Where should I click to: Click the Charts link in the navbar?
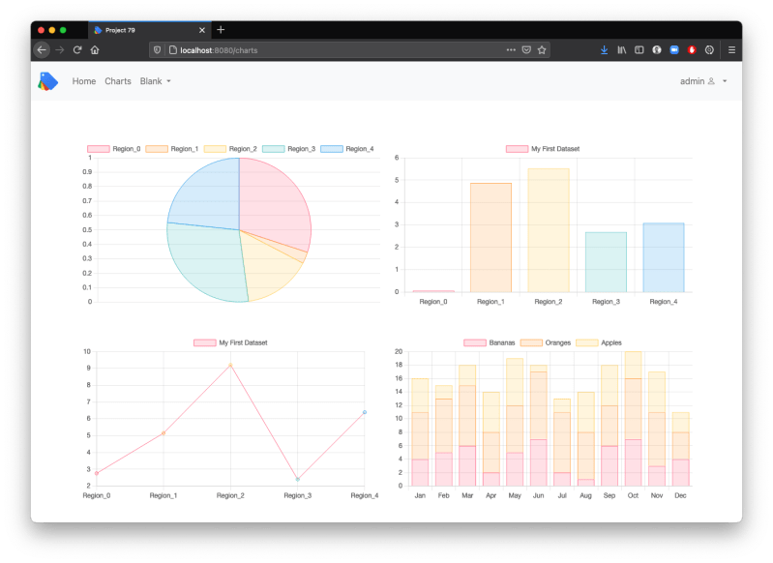click(118, 81)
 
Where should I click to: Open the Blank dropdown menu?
click(155, 81)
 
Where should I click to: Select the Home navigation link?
click(84, 81)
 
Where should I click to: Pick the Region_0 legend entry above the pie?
click(114, 149)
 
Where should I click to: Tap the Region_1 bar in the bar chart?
click(491, 237)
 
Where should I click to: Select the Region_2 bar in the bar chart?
click(548, 230)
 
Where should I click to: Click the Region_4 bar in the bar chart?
click(663, 257)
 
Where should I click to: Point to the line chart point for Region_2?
click(230, 365)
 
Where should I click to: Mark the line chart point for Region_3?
click(298, 479)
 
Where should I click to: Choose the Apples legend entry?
click(600, 342)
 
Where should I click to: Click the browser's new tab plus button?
click(221, 30)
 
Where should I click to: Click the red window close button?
click(41, 30)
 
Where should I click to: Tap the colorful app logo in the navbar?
click(48, 81)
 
